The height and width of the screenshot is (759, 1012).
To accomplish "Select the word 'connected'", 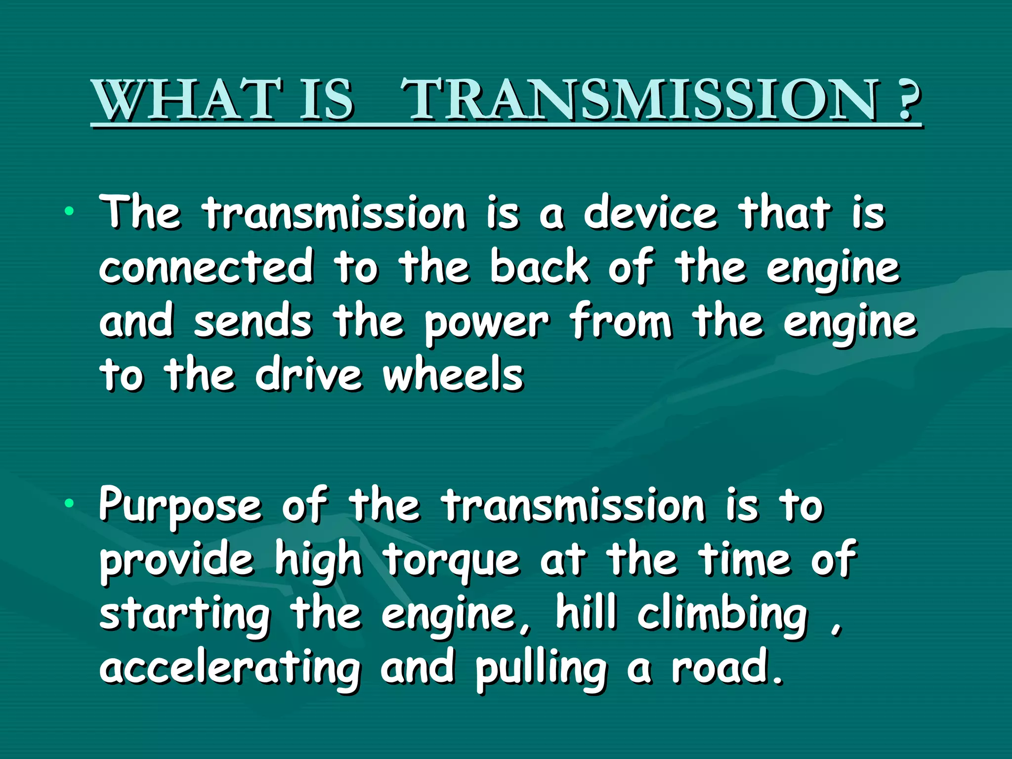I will (206, 267).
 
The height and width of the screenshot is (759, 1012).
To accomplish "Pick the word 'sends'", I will (253, 321).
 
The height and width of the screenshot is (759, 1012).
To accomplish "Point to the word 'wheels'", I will (453, 375).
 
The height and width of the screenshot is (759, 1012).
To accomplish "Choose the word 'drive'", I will (309, 375).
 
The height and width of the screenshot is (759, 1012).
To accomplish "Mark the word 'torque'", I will (452, 561).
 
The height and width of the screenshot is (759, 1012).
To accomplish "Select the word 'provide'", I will (177, 561).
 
